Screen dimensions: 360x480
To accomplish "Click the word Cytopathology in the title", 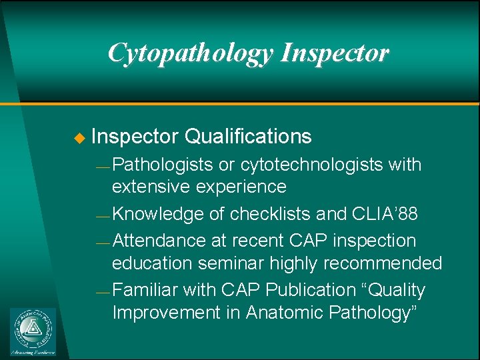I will [191, 53].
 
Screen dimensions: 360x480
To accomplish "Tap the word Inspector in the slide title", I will [335, 53].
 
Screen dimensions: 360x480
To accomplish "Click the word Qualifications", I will [248, 137].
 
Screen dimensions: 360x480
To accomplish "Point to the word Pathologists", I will [163, 165].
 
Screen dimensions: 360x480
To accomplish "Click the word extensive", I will [153, 187].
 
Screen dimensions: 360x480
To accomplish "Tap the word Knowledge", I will [158, 214].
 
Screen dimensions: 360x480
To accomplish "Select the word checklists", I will [271, 214].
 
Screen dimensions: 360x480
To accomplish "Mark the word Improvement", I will [166, 313].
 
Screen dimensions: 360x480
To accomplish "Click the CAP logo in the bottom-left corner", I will [33, 331].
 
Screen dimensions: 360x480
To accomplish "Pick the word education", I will [151, 263].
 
